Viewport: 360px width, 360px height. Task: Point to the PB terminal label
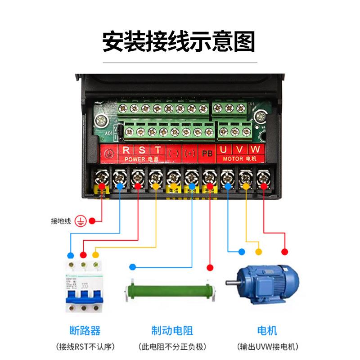207,153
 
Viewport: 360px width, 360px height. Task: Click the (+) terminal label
189,153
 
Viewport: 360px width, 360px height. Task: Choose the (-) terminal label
173,153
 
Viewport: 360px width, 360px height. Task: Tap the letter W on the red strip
255,150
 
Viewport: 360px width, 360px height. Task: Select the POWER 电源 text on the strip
140,159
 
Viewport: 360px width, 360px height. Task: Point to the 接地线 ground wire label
61,221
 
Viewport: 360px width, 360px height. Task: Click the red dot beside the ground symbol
92,221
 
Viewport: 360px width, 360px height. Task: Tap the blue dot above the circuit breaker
70,255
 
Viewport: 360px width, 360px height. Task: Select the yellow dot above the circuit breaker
95,255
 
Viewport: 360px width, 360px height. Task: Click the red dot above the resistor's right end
210,268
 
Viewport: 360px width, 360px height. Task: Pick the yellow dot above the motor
258,252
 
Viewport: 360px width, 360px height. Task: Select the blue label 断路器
82,331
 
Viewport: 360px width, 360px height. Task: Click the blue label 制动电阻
172,331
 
